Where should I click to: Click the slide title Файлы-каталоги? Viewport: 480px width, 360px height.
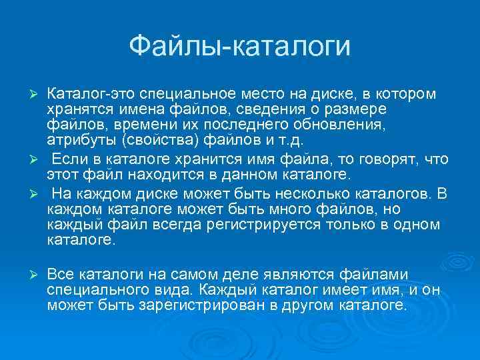pos(239,46)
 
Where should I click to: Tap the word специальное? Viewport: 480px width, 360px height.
pos(174,94)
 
